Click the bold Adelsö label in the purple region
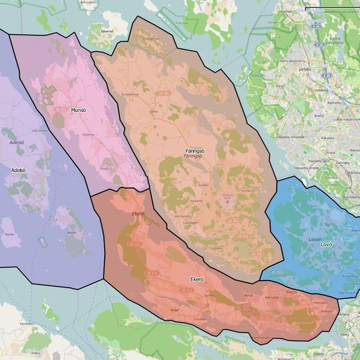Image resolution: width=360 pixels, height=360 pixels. (x=18, y=170)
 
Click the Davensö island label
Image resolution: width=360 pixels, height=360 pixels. (x=107, y=31)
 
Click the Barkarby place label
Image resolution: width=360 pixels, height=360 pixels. (x=333, y=103)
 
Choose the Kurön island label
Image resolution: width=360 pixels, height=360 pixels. (x=9, y=235)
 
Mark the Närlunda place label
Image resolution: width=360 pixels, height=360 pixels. (x=272, y=297)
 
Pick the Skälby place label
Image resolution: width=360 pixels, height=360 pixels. (x=319, y=115)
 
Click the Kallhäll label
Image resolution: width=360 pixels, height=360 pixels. (x=287, y=11)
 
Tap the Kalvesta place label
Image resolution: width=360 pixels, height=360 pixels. (x=327, y=137)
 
